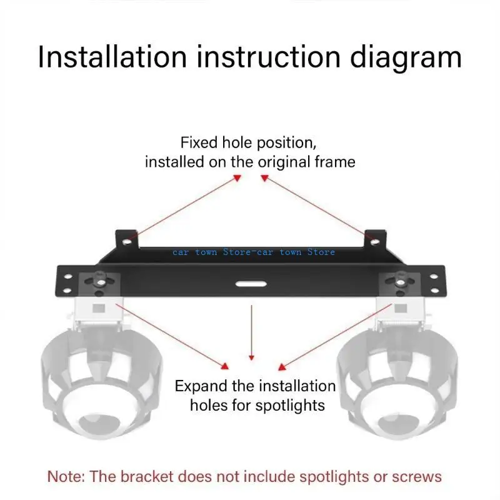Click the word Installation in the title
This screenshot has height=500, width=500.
[x=112, y=57]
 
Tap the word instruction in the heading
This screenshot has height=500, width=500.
[x=262, y=57]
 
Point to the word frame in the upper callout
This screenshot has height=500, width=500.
[x=333, y=162]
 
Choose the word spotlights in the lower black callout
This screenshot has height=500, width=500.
[x=291, y=406]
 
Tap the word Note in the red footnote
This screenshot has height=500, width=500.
[x=66, y=477]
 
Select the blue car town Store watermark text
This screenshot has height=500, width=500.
[x=254, y=252]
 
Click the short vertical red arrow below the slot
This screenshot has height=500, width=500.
[x=251, y=331]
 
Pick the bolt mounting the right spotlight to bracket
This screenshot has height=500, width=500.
[x=397, y=279]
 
